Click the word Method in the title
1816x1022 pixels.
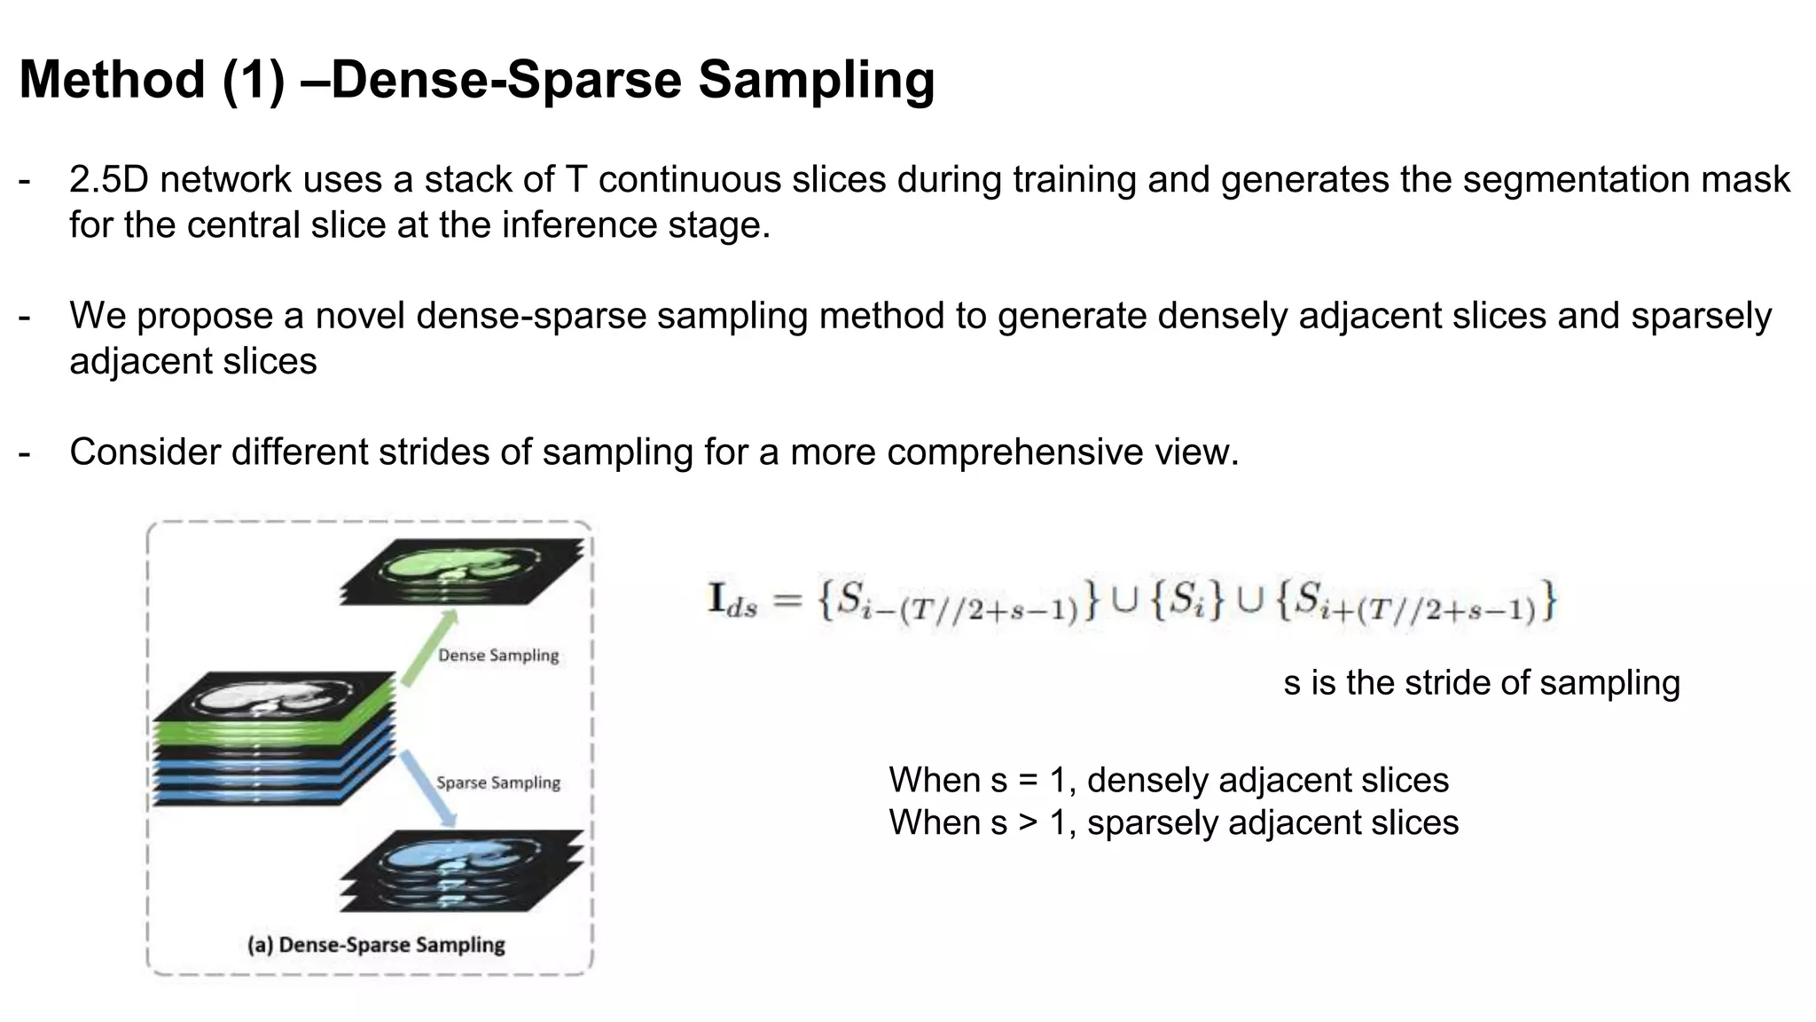(x=113, y=80)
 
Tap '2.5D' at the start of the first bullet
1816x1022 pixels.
(x=109, y=180)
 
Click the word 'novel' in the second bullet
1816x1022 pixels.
(x=360, y=317)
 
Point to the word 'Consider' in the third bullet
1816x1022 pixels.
(x=145, y=452)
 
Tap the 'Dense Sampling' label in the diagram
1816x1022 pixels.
(x=498, y=656)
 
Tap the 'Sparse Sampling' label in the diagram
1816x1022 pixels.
(x=498, y=782)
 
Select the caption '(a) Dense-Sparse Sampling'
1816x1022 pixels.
(x=376, y=945)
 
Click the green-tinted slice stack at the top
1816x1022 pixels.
(x=462, y=570)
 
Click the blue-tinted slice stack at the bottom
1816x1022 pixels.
(x=462, y=870)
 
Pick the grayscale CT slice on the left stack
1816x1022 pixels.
(x=274, y=696)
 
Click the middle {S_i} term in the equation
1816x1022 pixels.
(x=1187, y=601)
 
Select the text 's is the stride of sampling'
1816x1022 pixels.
(x=1481, y=683)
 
